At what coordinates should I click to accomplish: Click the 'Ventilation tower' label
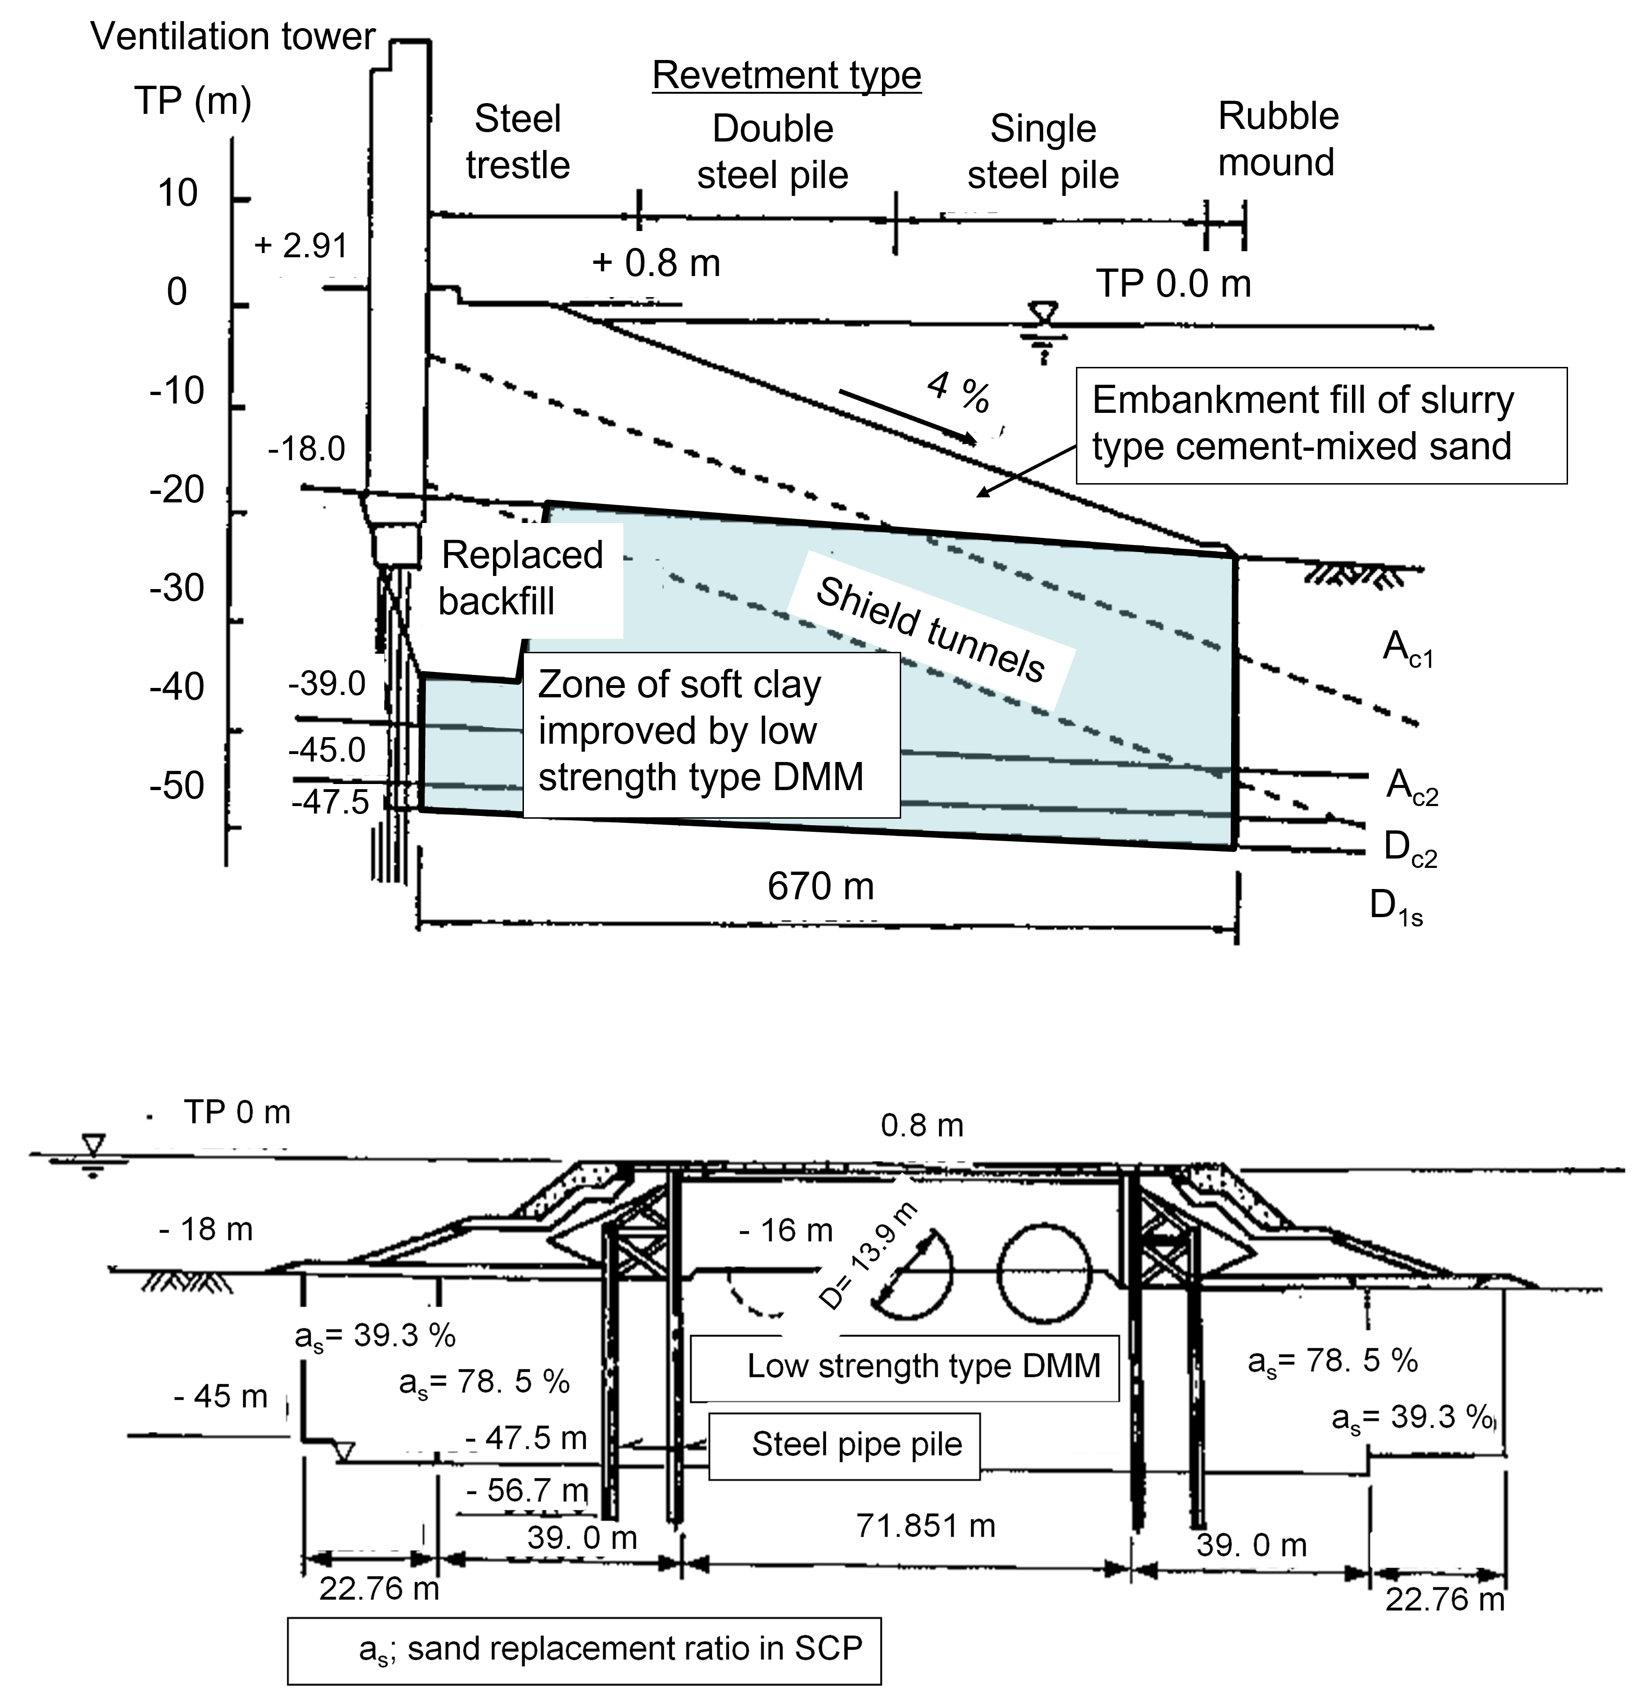(233, 37)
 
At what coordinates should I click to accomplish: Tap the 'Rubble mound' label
(1278, 139)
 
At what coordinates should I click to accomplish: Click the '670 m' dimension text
(821, 886)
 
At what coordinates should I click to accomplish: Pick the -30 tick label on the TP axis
(177, 589)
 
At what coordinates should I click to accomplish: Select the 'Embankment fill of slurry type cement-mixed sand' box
(1321, 426)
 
